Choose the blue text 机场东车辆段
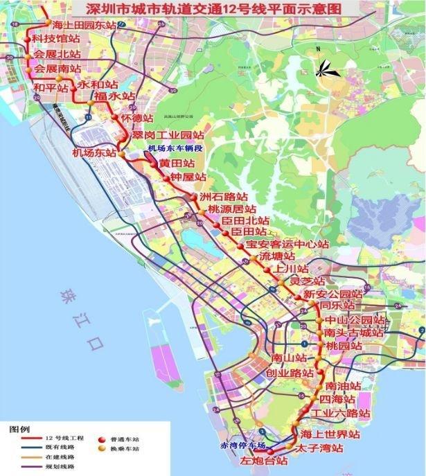[168, 148]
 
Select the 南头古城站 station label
[353, 333]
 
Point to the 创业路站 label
[290, 373]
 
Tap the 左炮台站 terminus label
[263, 460]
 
